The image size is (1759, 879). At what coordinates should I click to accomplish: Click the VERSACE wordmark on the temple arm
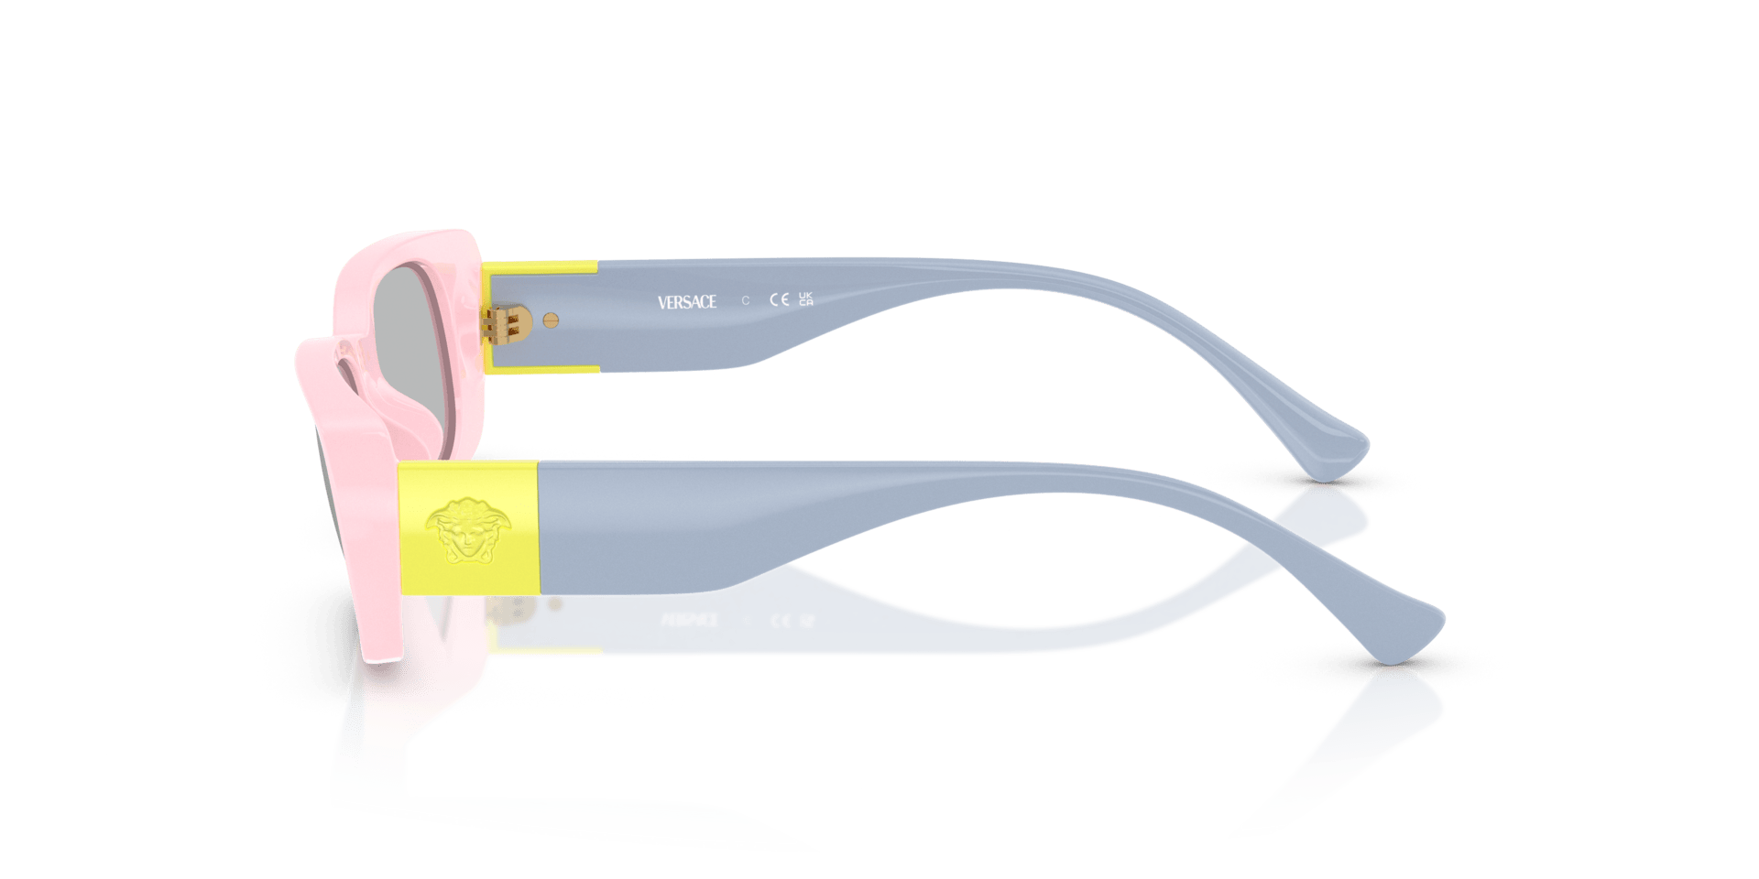click(x=686, y=301)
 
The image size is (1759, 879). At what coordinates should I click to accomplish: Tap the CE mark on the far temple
click(x=779, y=299)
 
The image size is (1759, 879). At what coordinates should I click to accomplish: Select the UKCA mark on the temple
click(x=805, y=298)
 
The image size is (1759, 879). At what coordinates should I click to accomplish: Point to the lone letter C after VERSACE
click(x=745, y=300)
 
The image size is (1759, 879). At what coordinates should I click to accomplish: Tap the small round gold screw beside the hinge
click(x=551, y=320)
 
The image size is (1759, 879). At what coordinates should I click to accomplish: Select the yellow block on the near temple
click(x=468, y=528)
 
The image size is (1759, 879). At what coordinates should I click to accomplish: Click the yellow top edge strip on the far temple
click(x=541, y=268)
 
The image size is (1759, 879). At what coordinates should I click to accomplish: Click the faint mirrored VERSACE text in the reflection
click(x=688, y=620)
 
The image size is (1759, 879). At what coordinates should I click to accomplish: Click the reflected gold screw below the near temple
click(x=553, y=603)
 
